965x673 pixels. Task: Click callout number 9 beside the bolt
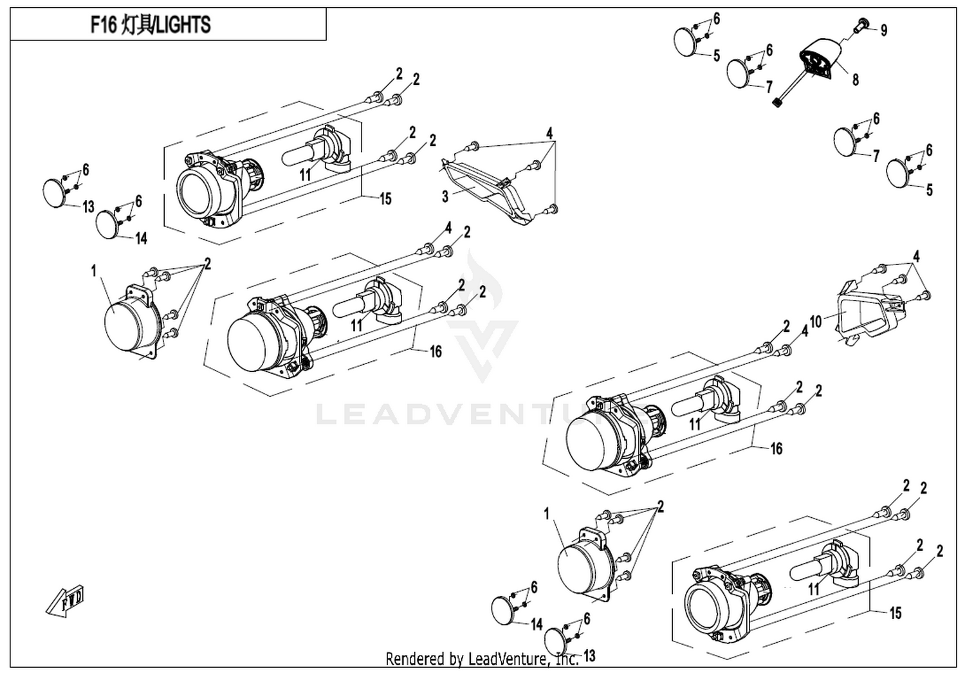(883, 30)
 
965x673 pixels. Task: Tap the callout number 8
(855, 80)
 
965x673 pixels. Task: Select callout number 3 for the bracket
(445, 196)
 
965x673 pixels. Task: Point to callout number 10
(816, 322)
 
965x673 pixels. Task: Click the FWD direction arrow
(64, 600)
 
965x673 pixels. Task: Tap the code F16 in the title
(104, 24)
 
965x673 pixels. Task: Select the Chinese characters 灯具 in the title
(135, 24)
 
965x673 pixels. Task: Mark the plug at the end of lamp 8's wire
(777, 104)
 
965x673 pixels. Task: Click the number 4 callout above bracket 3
(549, 134)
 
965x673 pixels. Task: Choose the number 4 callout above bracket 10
(916, 257)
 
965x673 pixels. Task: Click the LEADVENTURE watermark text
(482, 414)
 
